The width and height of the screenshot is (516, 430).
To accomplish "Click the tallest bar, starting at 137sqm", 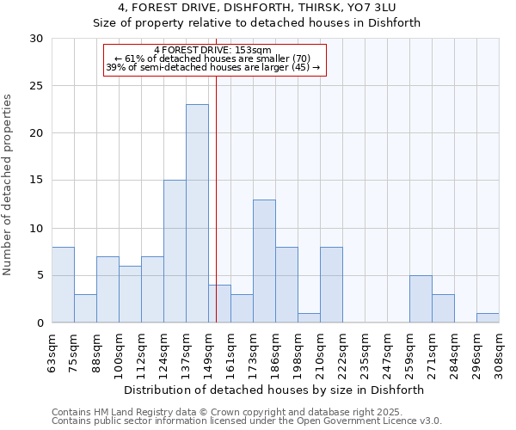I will coord(197,213).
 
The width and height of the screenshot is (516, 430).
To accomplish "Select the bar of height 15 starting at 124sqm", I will coord(175,251).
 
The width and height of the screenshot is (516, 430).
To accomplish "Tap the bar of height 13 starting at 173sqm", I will coord(264,261).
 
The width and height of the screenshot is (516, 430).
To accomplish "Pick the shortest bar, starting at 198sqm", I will coord(309,317).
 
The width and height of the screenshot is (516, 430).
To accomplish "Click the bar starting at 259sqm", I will coord(421,298).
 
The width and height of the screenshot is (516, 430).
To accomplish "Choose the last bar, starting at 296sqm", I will coord(488,317).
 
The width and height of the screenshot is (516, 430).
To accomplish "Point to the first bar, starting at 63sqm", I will coord(63,285).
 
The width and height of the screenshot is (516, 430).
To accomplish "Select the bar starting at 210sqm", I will coord(331,285).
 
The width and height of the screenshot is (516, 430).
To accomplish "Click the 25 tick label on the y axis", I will coord(36,86).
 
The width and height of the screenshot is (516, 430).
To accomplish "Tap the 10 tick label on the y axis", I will coord(36,228).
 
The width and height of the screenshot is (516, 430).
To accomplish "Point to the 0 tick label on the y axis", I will coord(40,322).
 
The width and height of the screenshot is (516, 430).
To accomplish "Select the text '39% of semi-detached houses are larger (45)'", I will coord(212,67).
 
